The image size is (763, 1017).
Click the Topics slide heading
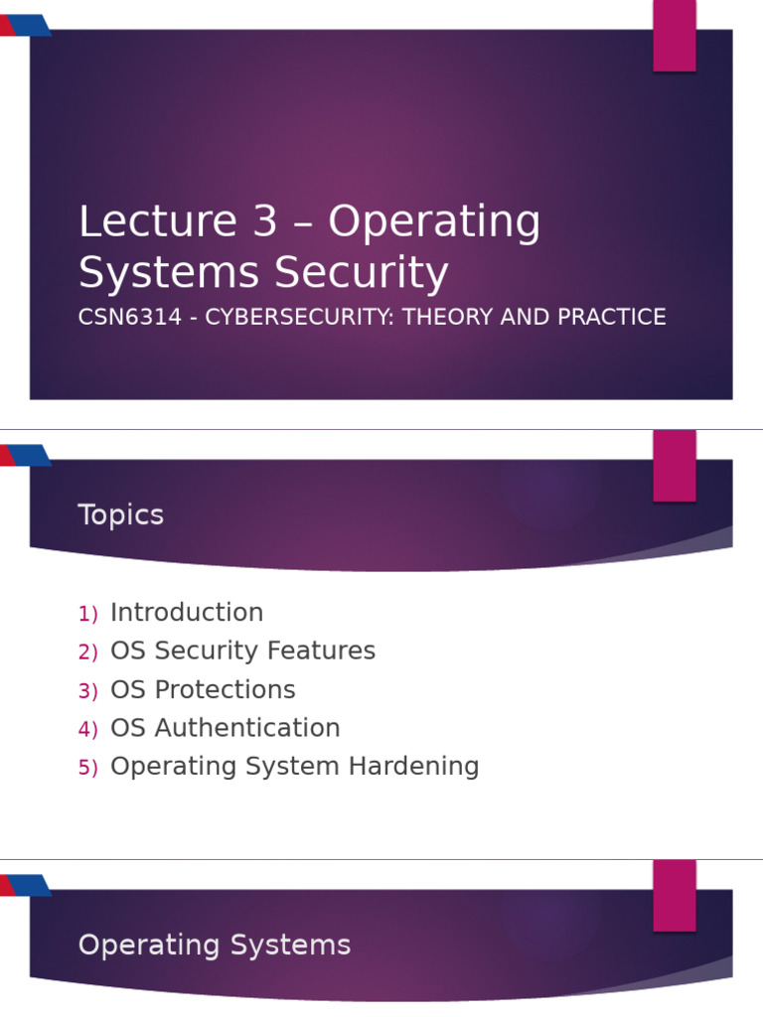click(120, 515)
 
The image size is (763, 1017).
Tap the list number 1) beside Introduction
click(87, 615)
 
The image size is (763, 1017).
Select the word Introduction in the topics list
click(187, 613)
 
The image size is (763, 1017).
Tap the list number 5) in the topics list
click(87, 769)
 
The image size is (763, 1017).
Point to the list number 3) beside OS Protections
click(87, 691)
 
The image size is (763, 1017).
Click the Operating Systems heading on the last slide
click(214, 945)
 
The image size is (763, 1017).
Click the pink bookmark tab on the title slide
click(674, 35)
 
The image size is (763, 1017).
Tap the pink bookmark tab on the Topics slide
click(674, 466)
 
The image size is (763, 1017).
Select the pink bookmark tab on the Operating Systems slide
click(674, 896)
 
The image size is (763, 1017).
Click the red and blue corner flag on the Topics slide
click(25, 456)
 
